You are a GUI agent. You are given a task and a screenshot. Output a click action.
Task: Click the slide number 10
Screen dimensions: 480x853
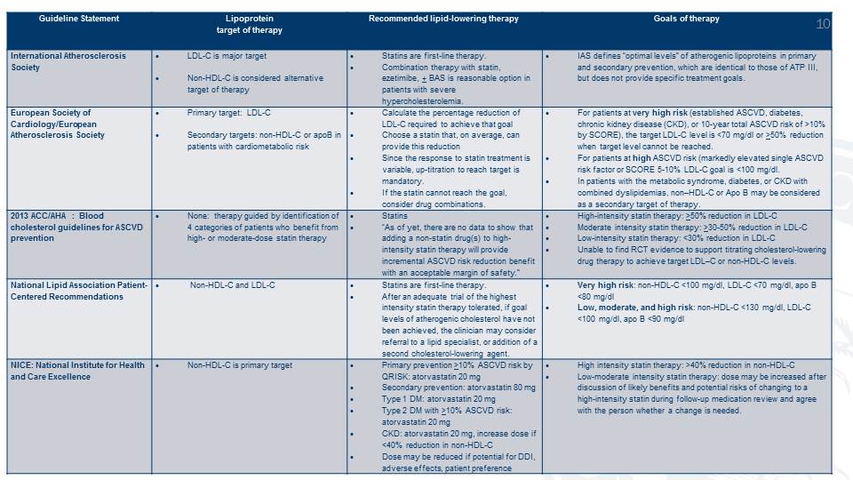click(823, 23)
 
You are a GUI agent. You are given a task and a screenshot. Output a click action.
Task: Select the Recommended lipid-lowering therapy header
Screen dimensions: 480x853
click(443, 19)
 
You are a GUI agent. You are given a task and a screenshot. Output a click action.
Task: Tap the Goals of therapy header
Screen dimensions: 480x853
click(687, 19)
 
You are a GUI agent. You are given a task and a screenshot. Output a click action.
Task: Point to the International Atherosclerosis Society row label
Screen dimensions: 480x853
click(68, 60)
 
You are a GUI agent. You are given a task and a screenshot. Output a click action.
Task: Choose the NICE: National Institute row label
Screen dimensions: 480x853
click(77, 371)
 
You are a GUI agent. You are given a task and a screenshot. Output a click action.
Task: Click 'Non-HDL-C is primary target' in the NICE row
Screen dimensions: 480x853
click(240, 365)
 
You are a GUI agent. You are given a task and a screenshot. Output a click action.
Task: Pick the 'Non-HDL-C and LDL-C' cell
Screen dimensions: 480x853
click(233, 285)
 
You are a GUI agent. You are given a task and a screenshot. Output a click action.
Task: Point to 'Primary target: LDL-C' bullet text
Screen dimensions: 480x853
click(230, 113)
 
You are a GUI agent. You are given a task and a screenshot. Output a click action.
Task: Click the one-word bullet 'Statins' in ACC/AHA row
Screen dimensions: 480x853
click(395, 216)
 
